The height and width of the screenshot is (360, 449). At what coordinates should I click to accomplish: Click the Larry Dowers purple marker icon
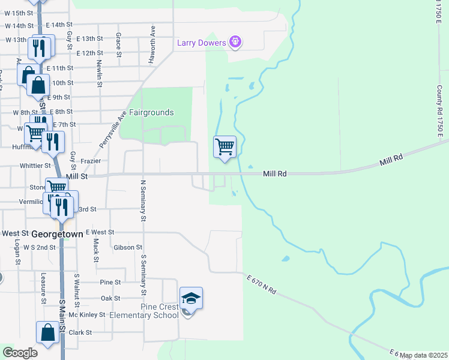[x=235, y=42]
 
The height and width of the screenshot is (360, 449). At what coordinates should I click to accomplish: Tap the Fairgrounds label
[x=152, y=112]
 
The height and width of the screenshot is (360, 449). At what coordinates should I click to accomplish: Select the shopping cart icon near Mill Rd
[x=225, y=146]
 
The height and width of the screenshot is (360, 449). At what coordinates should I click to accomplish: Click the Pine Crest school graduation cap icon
[x=191, y=298]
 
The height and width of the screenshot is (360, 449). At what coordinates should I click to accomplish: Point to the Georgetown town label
[x=57, y=235]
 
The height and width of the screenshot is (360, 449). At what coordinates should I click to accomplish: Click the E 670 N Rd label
[x=261, y=283]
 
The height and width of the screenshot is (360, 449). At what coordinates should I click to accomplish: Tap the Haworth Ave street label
[x=154, y=38]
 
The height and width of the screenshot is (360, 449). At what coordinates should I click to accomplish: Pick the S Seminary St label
[x=143, y=275]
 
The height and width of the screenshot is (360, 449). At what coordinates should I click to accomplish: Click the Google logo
[x=20, y=353]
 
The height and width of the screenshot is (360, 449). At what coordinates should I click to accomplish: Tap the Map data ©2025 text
[x=424, y=355]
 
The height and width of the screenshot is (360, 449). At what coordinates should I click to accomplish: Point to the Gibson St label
[x=127, y=247]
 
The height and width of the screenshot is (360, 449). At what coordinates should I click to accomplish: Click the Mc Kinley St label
[x=88, y=314]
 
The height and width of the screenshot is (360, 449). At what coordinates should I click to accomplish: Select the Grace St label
[x=119, y=44]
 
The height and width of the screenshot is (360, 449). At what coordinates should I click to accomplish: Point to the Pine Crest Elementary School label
[x=160, y=311]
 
